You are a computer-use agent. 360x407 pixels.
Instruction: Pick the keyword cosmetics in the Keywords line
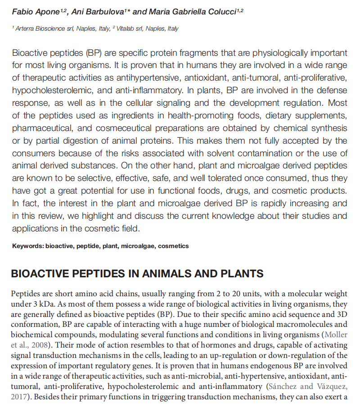click(173, 246)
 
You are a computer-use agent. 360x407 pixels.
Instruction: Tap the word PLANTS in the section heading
click(239, 274)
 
